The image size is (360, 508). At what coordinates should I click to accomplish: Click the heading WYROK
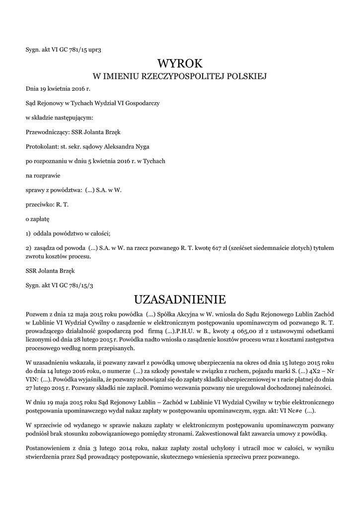[180, 63]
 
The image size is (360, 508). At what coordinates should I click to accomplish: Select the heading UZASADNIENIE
[180, 300]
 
